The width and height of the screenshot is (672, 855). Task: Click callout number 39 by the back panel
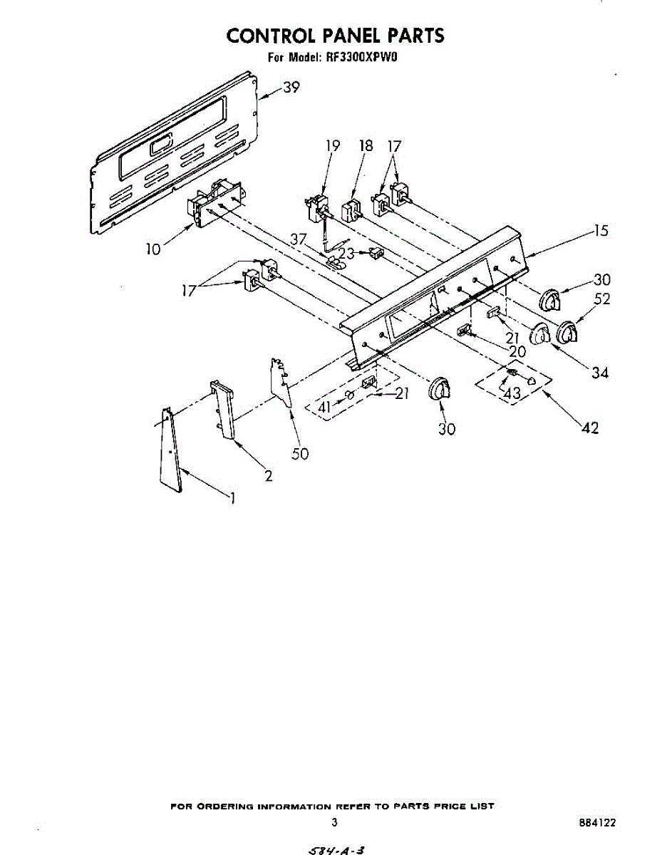(x=290, y=88)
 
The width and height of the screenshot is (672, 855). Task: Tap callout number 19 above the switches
(x=333, y=146)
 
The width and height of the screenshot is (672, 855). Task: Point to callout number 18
(x=366, y=146)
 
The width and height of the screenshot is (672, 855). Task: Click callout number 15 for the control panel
(x=601, y=232)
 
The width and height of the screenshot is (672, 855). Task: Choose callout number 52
(x=601, y=299)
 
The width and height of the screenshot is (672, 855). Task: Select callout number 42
(x=590, y=428)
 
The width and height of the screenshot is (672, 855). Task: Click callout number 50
(x=300, y=454)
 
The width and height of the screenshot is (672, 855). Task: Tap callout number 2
(x=269, y=476)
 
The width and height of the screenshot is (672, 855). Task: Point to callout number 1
(x=232, y=499)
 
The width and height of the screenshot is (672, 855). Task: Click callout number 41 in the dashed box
(x=325, y=407)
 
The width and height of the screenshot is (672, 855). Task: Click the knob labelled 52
(x=567, y=332)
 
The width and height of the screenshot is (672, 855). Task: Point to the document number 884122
(x=597, y=822)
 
